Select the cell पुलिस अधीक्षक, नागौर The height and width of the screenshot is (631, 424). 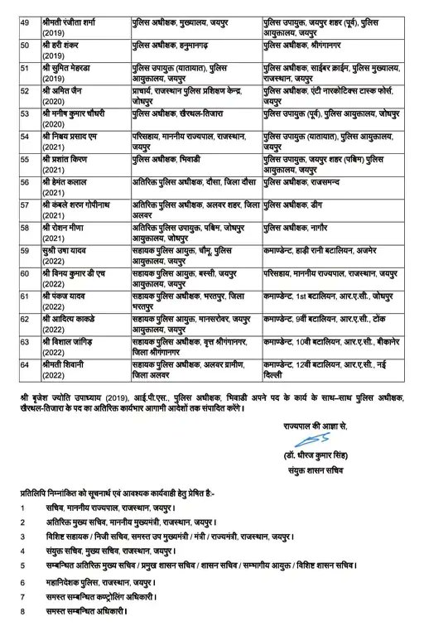[x=296, y=225]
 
